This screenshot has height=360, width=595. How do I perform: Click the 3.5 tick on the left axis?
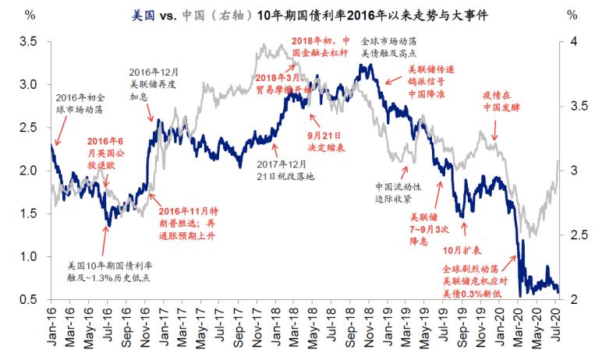[x=30, y=41]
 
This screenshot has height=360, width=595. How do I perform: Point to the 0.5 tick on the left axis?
[x=30, y=300]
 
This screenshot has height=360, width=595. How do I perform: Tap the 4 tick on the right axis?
[x=572, y=41]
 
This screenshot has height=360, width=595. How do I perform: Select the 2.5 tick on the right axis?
[x=576, y=235]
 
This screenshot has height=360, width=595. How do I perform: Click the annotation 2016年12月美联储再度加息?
[x=153, y=84]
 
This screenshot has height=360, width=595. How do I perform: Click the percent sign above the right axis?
[x=571, y=16]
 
